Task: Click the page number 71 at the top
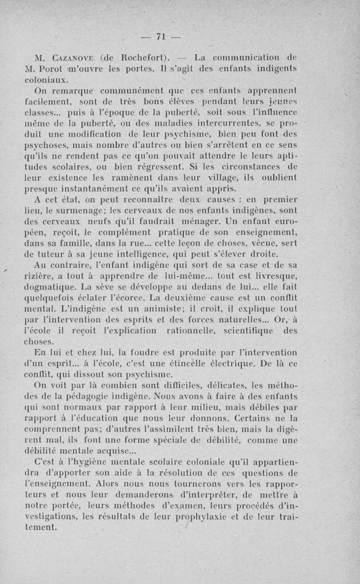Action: [161, 37]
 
